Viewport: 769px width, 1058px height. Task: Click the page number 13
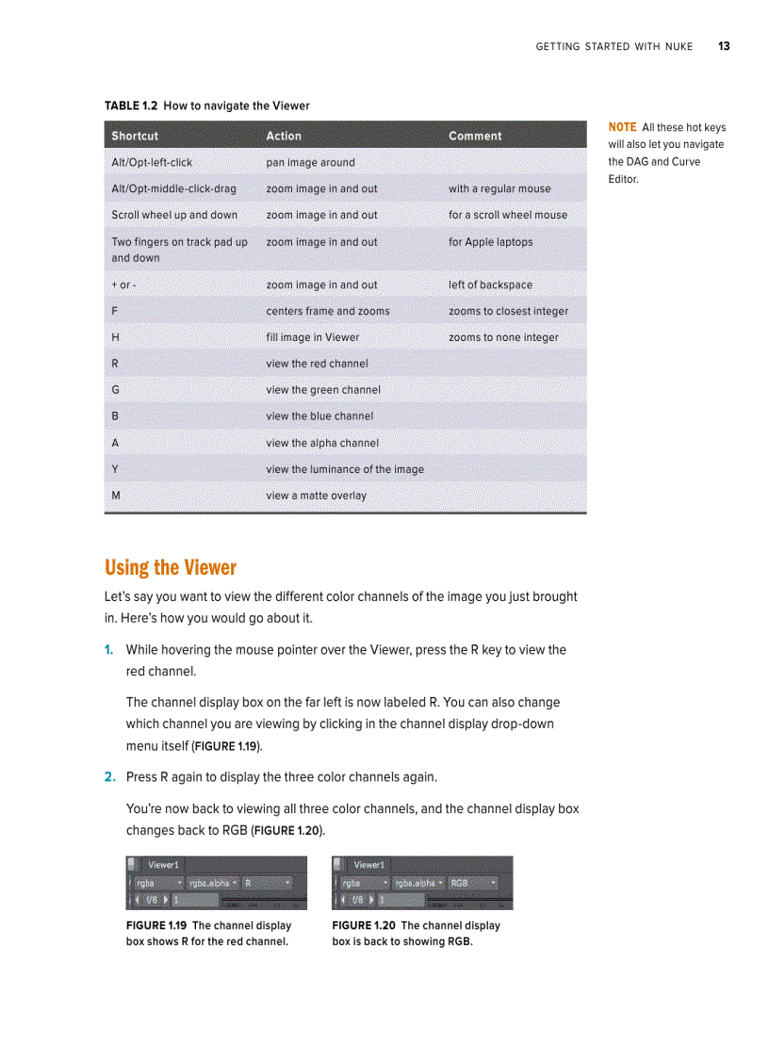pos(723,46)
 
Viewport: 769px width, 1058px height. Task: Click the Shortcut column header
pos(135,136)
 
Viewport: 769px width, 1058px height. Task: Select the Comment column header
pos(475,136)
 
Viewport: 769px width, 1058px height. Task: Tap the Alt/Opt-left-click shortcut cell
pos(152,162)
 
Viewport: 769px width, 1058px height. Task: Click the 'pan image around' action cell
pos(310,162)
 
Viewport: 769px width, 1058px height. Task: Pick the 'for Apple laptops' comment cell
pos(490,242)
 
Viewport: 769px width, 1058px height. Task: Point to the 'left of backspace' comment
pos(490,285)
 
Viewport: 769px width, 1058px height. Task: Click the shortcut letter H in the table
pos(115,337)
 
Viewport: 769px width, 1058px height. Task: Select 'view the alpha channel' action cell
pos(322,443)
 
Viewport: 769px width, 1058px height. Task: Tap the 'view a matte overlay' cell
pos(316,496)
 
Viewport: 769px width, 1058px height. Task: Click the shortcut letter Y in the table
pos(115,469)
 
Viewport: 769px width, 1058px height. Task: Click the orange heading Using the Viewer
pos(171,567)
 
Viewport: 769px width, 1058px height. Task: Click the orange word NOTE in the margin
pos(622,127)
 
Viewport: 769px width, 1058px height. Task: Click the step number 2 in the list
pos(109,777)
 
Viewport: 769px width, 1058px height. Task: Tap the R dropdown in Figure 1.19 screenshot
pos(267,884)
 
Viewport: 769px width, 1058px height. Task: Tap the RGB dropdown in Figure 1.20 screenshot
pos(472,884)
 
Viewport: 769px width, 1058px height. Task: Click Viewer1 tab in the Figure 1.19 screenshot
pos(163,864)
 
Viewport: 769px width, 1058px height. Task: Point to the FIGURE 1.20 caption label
pos(363,925)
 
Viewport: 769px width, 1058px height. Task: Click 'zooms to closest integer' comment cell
pos(508,311)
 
